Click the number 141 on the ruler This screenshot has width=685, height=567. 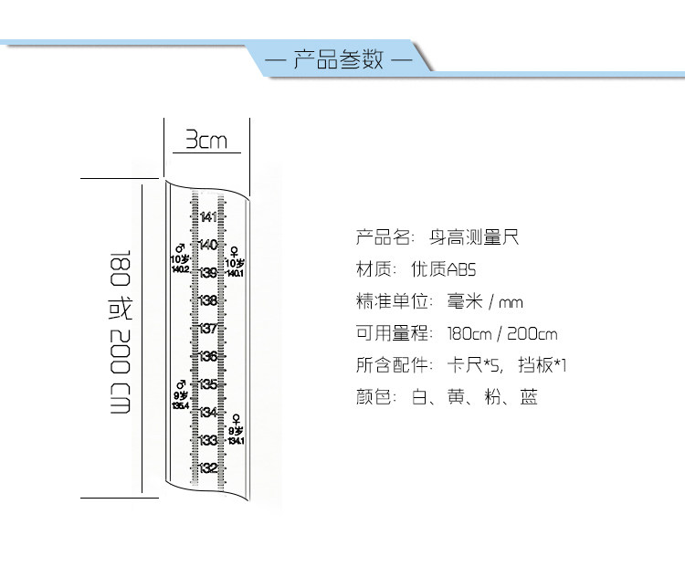click(x=208, y=216)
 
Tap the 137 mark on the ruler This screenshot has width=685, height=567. click(x=208, y=328)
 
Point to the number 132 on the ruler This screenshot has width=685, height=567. click(x=208, y=467)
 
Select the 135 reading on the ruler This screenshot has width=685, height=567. click(x=208, y=383)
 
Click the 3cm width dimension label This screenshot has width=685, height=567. click(x=206, y=141)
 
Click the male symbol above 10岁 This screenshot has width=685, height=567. click(x=180, y=248)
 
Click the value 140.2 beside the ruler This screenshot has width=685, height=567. click(x=180, y=269)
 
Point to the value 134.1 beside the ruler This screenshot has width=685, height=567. click(x=237, y=440)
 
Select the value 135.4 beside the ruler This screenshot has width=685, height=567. click(x=180, y=405)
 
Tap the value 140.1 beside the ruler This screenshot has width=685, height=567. click(x=236, y=273)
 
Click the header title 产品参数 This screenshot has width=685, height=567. click(x=338, y=62)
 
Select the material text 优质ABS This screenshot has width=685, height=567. click(x=444, y=270)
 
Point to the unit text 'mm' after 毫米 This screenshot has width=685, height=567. click(x=511, y=302)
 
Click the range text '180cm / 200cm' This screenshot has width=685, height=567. click(x=502, y=333)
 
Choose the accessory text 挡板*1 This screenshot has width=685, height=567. click(x=543, y=365)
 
